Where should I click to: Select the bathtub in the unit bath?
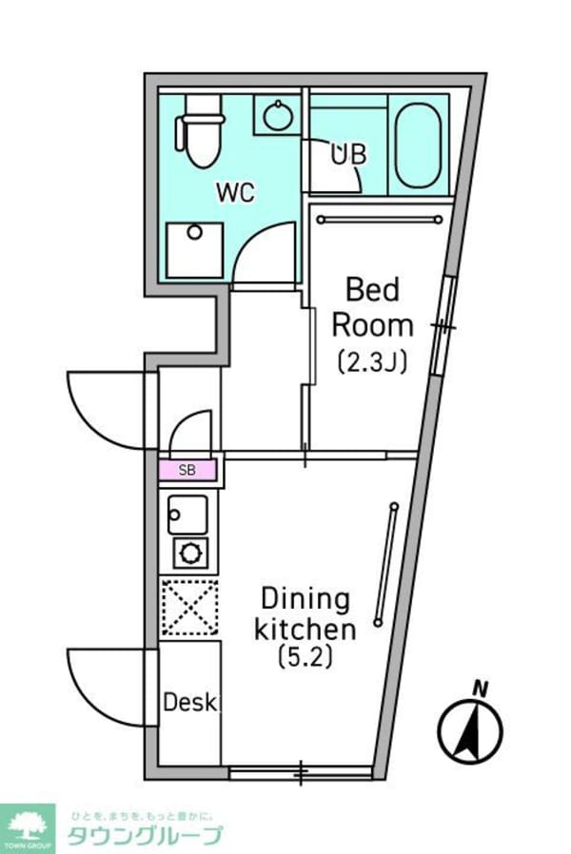coord(417,145)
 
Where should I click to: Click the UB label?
coord(347,154)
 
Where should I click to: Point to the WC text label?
coord(235,192)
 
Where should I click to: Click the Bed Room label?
coord(372,307)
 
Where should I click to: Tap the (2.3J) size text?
coord(371,361)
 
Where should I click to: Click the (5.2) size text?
coord(305,656)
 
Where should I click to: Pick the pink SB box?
coord(187,470)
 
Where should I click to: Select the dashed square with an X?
coord(189,607)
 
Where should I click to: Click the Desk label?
coord(190,704)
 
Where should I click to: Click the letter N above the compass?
coord(482,688)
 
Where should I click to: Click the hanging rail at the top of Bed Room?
coord(380,219)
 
